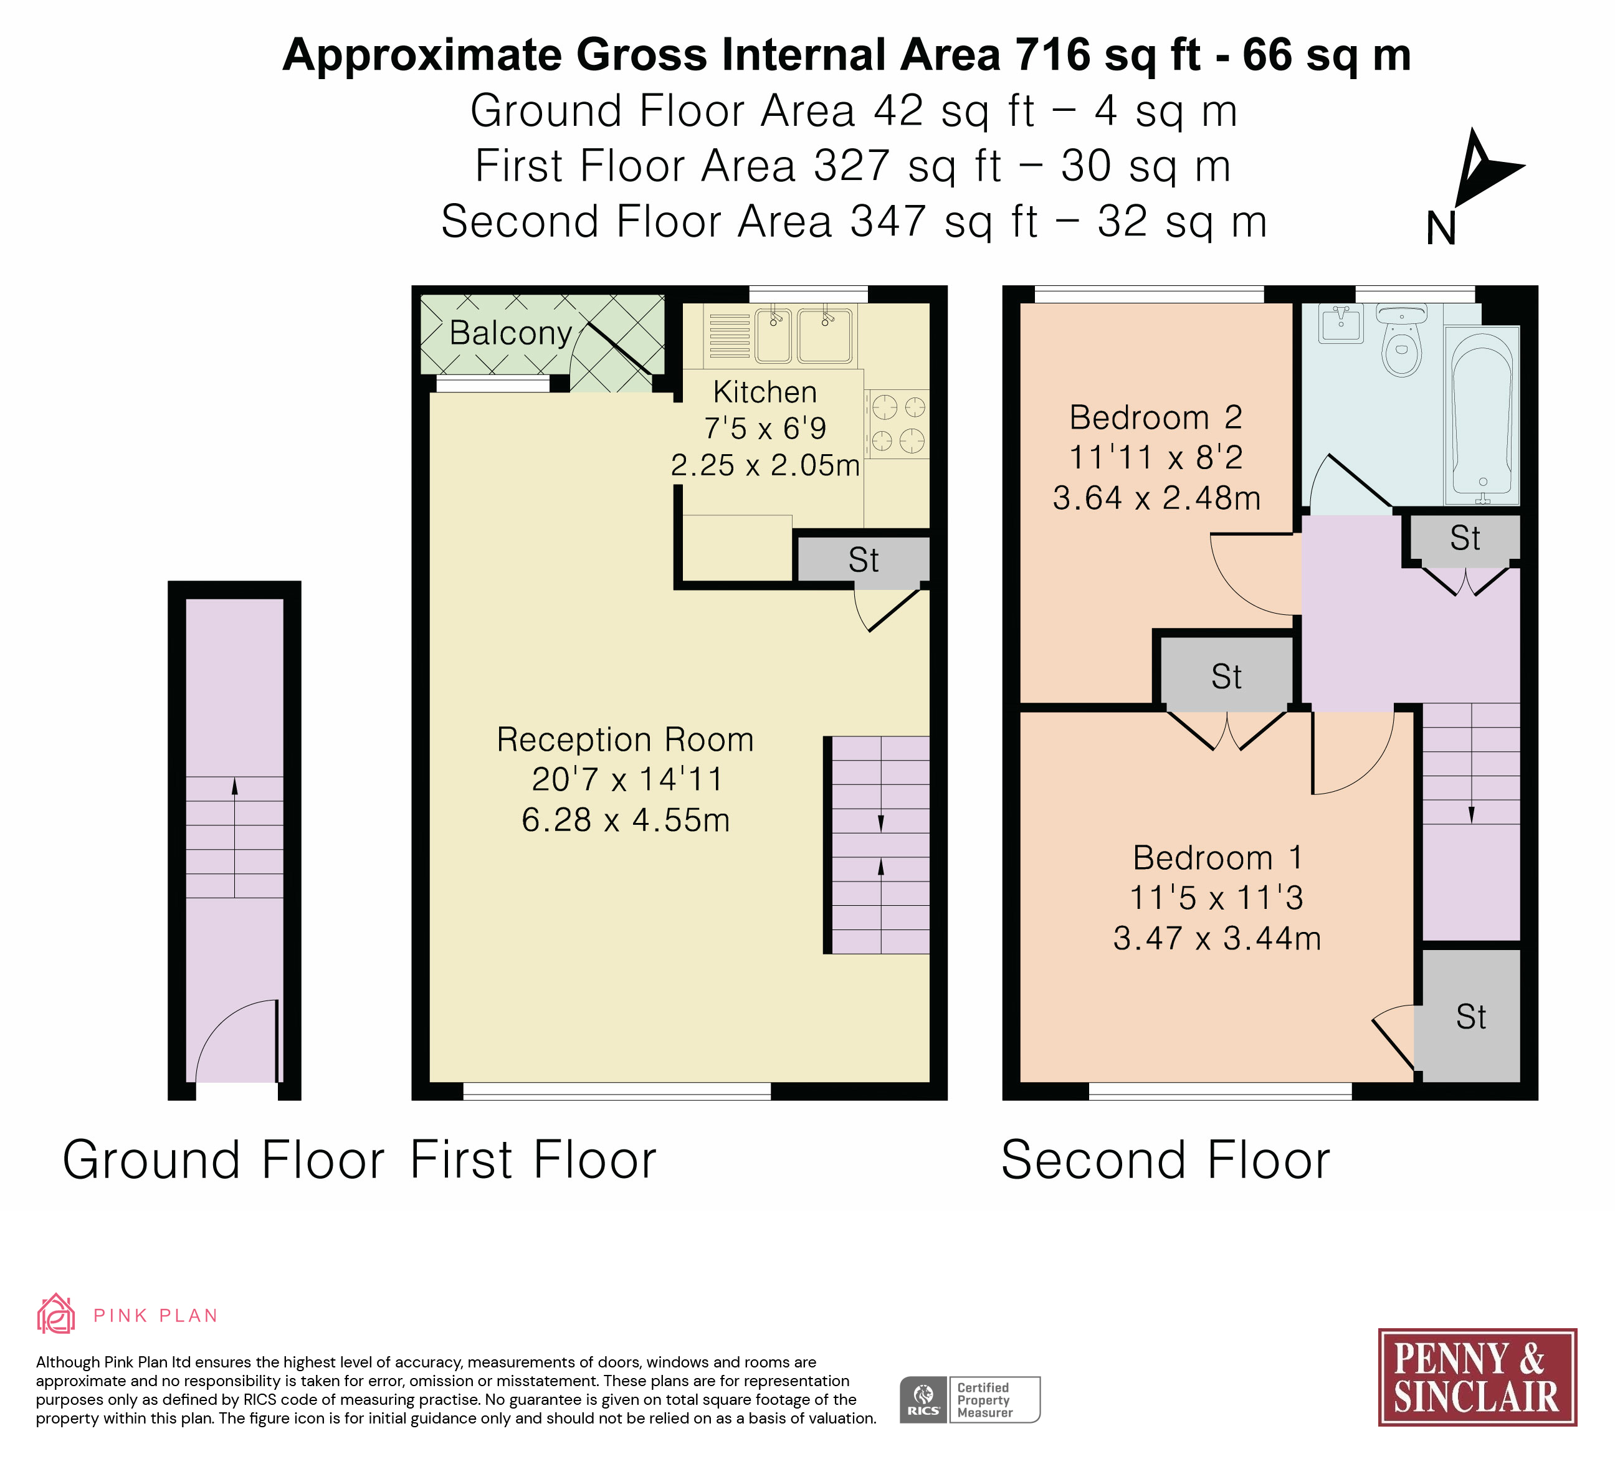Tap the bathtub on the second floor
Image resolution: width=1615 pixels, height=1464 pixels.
coord(1482,415)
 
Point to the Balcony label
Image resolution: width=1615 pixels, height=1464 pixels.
coord(510,333)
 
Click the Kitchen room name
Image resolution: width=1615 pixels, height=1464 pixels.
coord(765,392)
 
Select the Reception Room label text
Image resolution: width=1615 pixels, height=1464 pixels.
coord(626,740)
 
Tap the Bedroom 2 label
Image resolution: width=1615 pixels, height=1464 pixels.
coord(1156,417)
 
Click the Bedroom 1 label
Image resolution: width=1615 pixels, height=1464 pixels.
coord(1217,858)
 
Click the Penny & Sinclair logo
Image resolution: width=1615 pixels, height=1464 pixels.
coord(1477,1377)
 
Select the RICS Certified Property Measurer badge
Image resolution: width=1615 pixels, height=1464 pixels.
coord(970,1400)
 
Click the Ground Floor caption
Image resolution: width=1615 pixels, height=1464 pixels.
coord(224,1161)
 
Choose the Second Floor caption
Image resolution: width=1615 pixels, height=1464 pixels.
coord(1166,1161)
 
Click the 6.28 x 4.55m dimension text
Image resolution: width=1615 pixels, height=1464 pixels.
coord(626,820)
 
